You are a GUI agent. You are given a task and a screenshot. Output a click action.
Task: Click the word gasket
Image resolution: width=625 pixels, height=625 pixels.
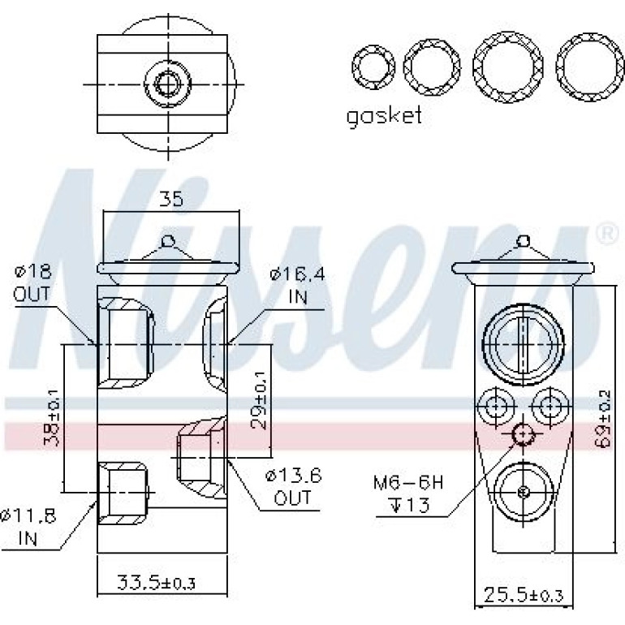click(x=383, y=117)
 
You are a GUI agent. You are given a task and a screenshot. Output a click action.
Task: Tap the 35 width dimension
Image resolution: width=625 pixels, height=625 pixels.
click(x=171, y=199)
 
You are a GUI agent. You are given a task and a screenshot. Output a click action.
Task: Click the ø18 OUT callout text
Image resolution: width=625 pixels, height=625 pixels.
click(x=32, y=283)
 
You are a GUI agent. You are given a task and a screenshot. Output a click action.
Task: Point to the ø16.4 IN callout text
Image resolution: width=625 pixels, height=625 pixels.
click(x=298, y=286)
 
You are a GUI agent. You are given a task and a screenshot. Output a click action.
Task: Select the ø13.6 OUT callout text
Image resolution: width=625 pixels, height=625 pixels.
click(x=293, y=487)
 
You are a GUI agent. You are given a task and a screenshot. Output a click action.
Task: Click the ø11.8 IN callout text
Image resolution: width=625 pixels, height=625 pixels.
click(x=28, y=527)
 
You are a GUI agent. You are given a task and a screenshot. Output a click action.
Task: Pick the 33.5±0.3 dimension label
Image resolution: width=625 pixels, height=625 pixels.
click(x=156, y=583)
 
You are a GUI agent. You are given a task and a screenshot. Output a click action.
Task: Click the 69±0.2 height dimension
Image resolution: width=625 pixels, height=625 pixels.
click(x=604, y=420)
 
